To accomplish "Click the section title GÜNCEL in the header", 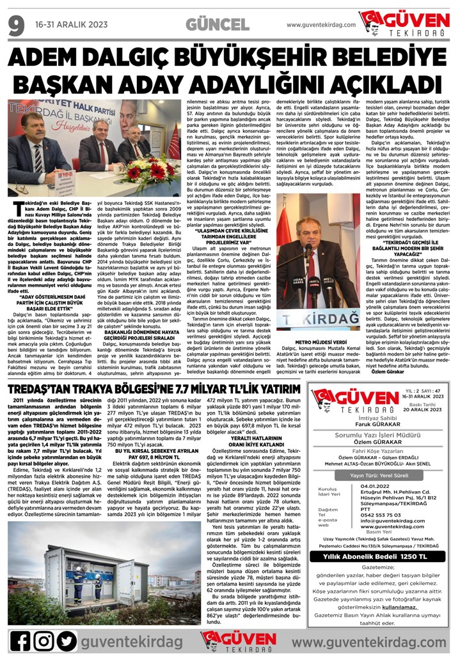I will coord(217,25).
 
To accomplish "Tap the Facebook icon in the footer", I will coord(20,639).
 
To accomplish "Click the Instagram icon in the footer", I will coord(44,639).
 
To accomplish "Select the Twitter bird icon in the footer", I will coord(66,639).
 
